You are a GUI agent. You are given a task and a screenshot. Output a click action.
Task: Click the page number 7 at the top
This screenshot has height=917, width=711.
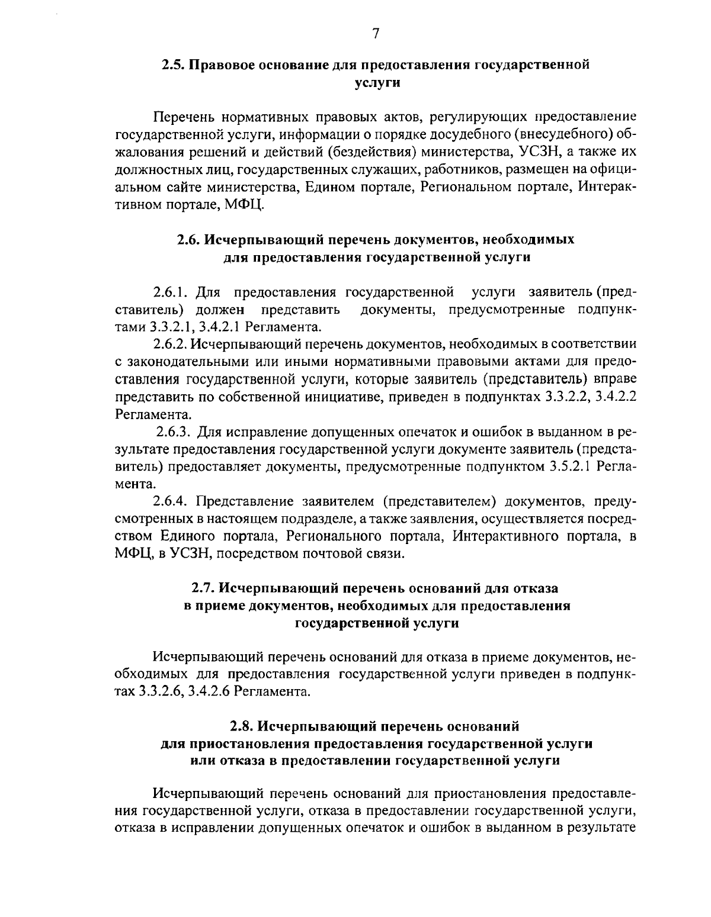coord(376,34)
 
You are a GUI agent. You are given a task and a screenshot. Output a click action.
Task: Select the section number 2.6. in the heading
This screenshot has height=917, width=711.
coord(191,240)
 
